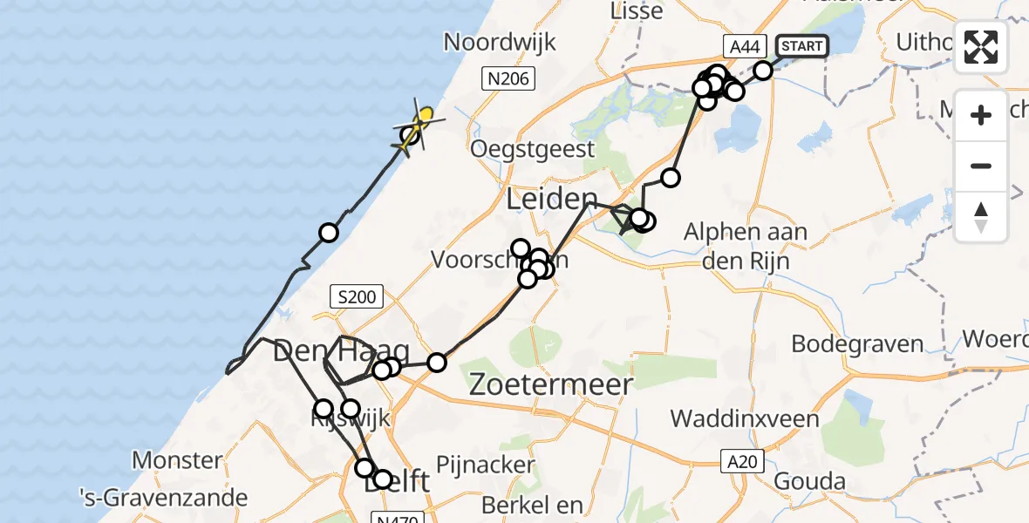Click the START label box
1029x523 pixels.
pos(801,45)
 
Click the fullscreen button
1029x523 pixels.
pos(981,47)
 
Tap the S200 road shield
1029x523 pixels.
pos(356,296)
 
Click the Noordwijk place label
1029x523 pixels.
pos(500,43)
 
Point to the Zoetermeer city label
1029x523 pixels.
pos(550,384)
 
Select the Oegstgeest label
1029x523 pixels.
pos(532,149)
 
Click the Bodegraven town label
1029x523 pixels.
pos(857,343)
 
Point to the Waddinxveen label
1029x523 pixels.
pos(745,419)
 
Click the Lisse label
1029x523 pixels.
pos(637,12)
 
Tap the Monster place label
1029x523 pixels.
pos(177,459)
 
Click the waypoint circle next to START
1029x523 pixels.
pos(763,71)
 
